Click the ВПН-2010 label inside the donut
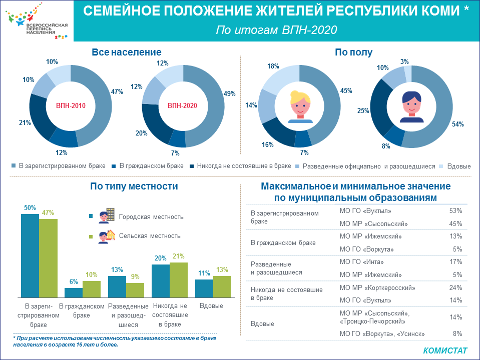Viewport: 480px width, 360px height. [x=70, y=105]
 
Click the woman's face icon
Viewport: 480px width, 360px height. [x=299, y=106]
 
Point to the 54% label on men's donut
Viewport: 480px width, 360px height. [x=457, y=123]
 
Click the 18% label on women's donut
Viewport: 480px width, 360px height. [x=273, y=66]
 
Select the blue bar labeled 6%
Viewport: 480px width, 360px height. [x=74, y=293]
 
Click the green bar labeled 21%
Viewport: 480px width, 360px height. [x=179, y=280]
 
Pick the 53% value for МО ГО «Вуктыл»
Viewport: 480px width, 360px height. [x=455, y=211]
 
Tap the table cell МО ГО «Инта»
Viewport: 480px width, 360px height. [x=362, y=261]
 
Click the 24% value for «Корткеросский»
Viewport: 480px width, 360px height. [x=455, y=287]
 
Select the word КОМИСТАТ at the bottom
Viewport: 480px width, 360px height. [x=445, y=350]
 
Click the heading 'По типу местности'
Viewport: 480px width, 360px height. [x=134, y=186]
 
